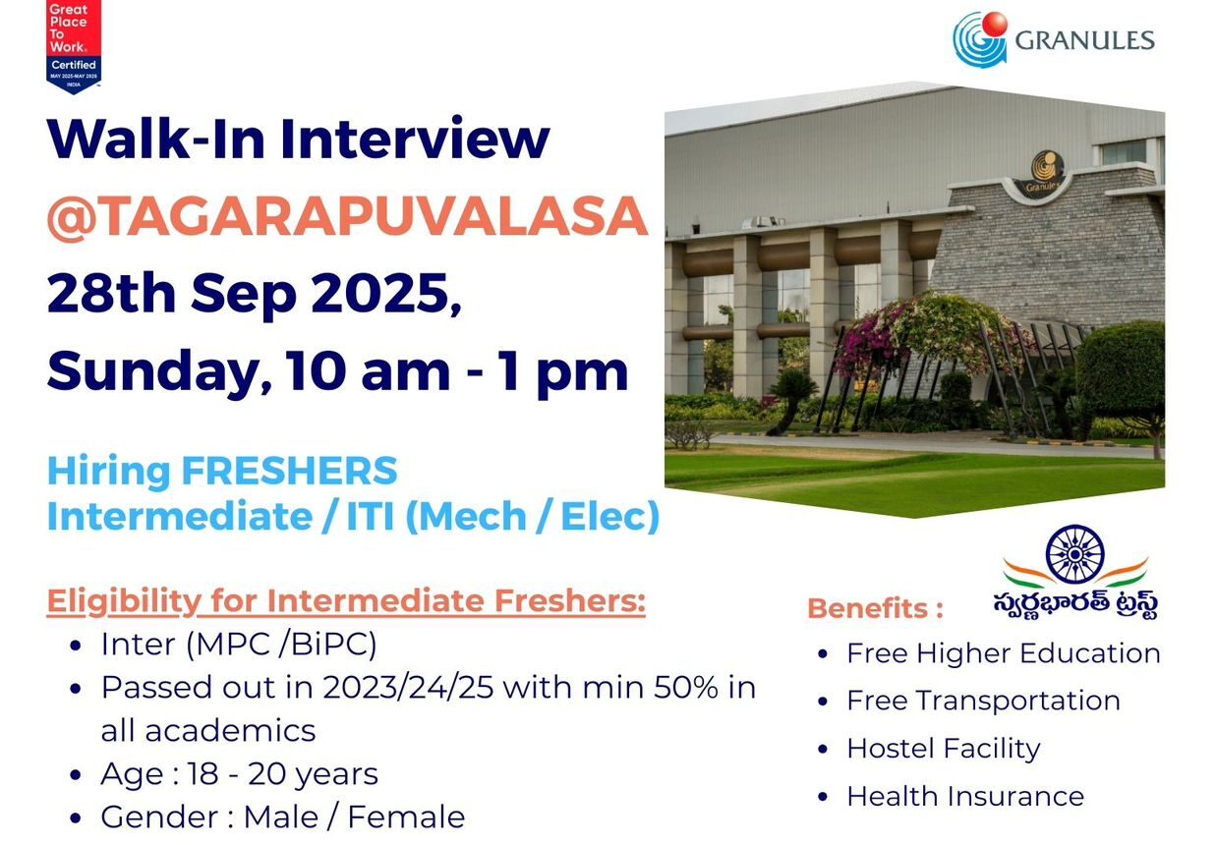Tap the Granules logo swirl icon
point(979,38)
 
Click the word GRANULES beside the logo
point(1084,40)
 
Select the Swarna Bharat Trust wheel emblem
point(1074,554)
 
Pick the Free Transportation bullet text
point(983,701)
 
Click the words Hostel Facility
point(943,749)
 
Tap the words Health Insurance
point(965,796)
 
